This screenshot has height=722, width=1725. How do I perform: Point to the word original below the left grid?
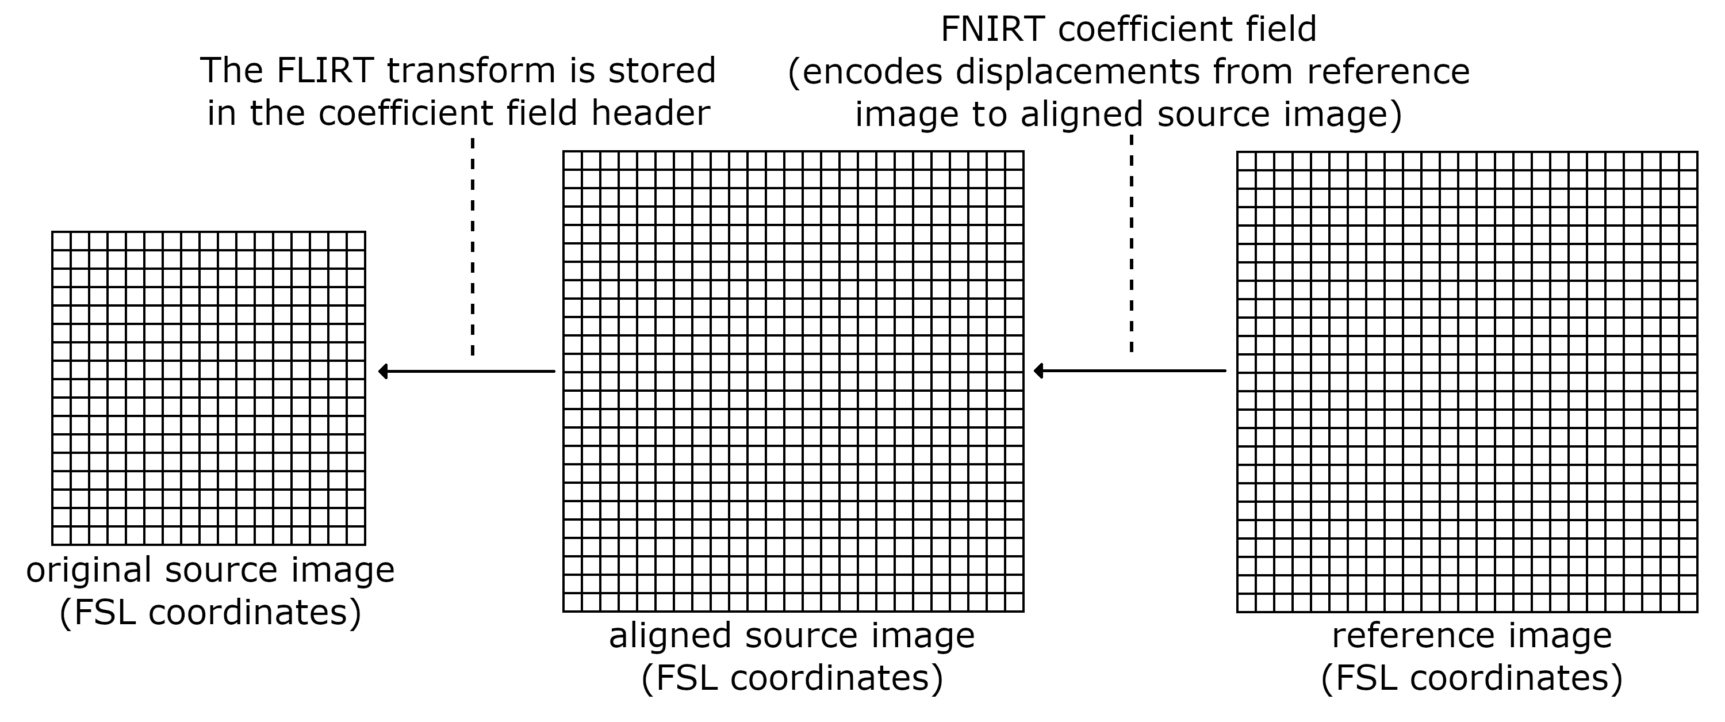pos(89,571)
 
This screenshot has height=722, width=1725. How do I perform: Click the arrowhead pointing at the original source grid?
pos(383,371)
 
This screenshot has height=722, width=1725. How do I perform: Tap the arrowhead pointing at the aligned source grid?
pos(1038,371)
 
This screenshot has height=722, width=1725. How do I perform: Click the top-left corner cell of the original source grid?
pos(62,241)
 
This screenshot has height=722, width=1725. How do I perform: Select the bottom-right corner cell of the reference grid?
pos(1688,603)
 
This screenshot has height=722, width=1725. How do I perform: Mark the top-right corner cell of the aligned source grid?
pos(1014,161)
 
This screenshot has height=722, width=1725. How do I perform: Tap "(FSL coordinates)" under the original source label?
pos(210,613)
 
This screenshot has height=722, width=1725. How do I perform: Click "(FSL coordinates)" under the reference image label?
pos(1472,678)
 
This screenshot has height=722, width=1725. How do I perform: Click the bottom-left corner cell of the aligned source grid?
pos(573,602)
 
